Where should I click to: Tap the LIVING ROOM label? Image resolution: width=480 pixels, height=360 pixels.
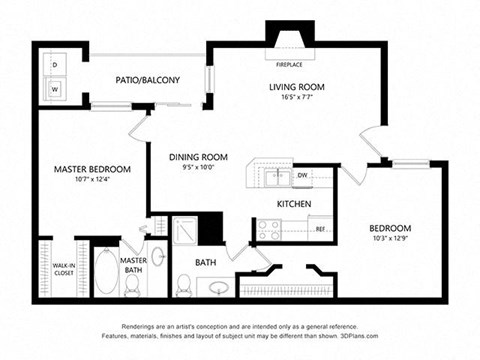297,87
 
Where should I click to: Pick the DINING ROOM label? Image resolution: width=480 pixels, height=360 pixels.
198,157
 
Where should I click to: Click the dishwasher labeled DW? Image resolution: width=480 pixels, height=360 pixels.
302,176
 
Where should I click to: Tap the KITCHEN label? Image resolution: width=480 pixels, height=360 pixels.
294,204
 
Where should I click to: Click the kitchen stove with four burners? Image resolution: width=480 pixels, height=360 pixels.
269,230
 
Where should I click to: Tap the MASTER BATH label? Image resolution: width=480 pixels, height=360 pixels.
133,266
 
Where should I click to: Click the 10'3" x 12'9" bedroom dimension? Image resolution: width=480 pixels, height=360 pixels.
390,238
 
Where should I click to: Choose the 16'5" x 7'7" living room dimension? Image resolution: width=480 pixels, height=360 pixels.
297,98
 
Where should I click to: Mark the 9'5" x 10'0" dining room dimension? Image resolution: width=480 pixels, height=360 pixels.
198,168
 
